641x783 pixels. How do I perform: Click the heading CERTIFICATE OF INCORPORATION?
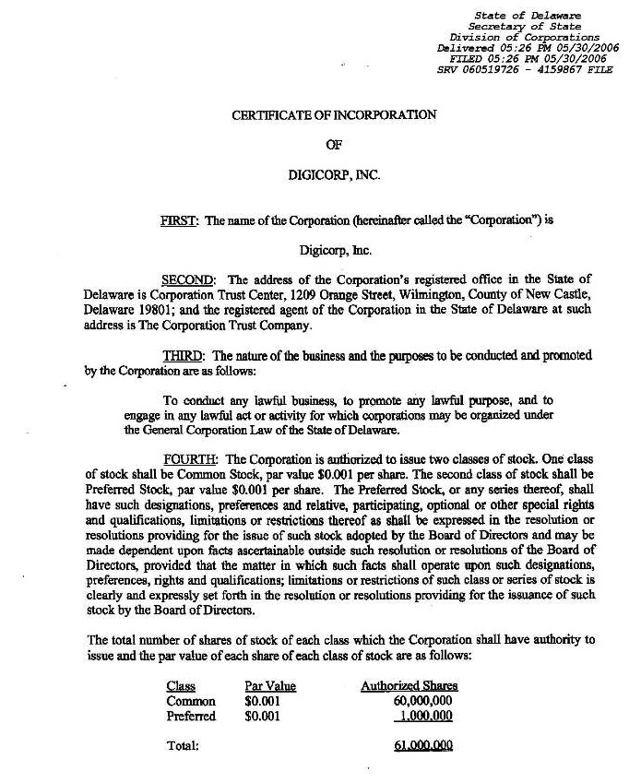tap(334, 115)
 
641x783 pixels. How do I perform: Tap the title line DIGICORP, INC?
tap(334, 172)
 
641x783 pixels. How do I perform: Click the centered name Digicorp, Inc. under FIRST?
tap(334, 250)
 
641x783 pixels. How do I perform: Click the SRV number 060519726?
tap(491, 68)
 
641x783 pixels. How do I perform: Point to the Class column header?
tap(181, 686)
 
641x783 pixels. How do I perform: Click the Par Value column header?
tap(270, 686)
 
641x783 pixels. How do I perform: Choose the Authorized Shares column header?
tap(409, 686)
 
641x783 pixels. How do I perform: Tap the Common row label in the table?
tap(189, 701)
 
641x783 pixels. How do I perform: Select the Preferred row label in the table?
tap(192, 716)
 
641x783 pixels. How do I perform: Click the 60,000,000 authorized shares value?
tap(422, 701)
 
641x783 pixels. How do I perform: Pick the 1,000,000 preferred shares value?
tap(425, 716)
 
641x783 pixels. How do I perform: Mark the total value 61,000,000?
tap(423, 745)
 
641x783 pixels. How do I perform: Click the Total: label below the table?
tap(184, 745)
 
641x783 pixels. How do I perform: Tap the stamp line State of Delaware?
tap(540, 16)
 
